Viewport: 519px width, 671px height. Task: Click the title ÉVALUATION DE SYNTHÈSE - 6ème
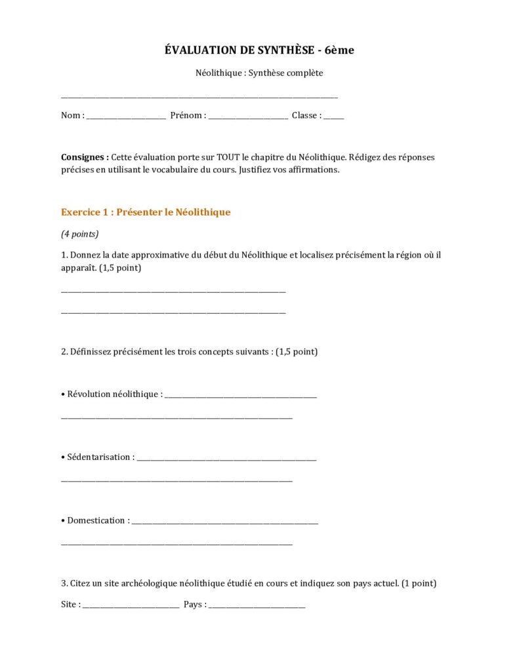click(x=259, y=50)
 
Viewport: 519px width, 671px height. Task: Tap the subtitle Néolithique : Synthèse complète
click(x=259, y=73)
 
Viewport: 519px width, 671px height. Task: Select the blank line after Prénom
click(x=248, y=117)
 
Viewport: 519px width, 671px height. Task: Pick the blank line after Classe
click(x=333, y=117)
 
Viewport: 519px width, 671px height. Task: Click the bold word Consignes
click(x=85, y=157)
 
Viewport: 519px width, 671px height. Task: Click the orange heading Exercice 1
click(x=146, y=212)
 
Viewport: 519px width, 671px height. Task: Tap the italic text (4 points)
click(x=79, y=233)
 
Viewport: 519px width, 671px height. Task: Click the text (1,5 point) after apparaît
click(x=120, y=268)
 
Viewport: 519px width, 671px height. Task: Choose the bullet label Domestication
click(x=96, y=520)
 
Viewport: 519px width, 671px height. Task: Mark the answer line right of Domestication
click(x=224, y=522)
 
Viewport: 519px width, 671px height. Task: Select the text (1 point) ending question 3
click(x=419, y=583)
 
